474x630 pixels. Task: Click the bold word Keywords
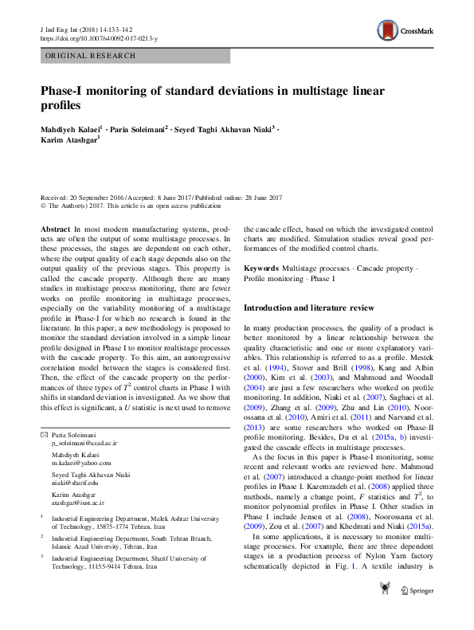[x=261, y=269]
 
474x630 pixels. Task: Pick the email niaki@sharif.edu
[x=75, y=483]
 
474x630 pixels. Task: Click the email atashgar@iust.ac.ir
[x=78, y=503]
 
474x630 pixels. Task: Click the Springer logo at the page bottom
[x=417, y=612]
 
